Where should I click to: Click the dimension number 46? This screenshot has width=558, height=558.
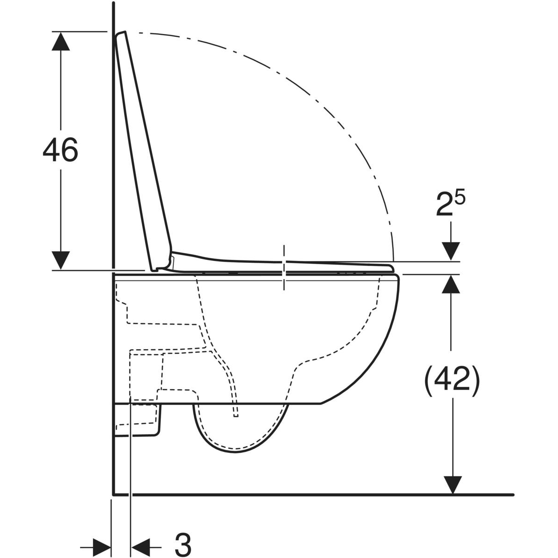point(60,150)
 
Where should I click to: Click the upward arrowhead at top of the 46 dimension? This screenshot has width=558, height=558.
point(60,41)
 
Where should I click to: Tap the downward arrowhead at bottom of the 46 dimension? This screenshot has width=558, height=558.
point(60,260)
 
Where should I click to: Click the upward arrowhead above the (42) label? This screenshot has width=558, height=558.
point(451,284)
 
